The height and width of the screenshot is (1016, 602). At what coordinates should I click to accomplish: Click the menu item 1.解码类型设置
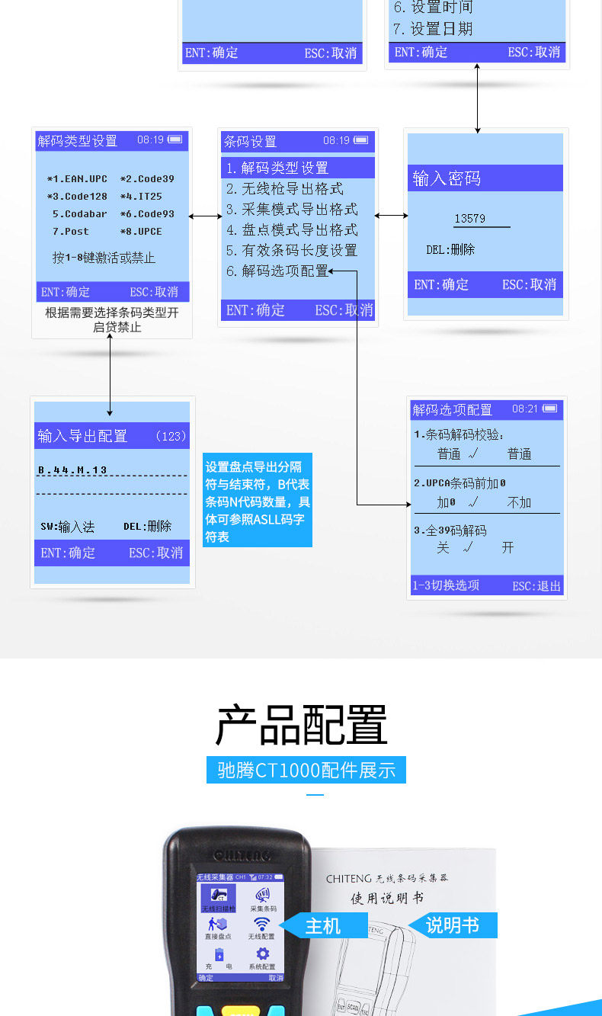point(277,168)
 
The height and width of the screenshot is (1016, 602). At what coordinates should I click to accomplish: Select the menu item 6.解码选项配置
point(277,271)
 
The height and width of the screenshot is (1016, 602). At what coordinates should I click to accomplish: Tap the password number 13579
point(469,219)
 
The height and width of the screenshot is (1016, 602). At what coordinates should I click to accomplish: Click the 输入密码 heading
point(447,178)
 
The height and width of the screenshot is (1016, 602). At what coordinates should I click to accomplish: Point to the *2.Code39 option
point(147,179)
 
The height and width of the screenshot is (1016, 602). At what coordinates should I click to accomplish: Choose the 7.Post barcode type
point(70,232)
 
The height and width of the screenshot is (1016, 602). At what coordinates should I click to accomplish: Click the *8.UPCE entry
point(141,232)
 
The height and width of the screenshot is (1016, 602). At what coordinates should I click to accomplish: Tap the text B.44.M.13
point(72,470)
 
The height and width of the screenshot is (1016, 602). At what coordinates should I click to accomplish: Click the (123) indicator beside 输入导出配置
point(170,436)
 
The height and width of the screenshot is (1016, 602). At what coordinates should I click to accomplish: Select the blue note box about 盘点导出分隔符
point(258,501)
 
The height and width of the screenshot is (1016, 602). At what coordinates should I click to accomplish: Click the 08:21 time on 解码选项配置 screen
point(525,409)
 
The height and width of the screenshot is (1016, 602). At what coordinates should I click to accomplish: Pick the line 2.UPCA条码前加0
point(460,483)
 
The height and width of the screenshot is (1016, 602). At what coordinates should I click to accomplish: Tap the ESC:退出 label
point(536,586)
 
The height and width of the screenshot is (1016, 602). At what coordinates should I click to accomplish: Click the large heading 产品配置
point(303,725)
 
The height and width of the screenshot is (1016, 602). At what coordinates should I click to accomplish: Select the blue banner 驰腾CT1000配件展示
point(306,770)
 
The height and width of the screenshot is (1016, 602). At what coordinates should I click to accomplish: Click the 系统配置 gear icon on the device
point(262,954)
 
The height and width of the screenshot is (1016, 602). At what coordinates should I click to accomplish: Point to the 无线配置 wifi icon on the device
point(261,925)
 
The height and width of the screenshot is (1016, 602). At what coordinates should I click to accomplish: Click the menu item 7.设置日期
point(433,29)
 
